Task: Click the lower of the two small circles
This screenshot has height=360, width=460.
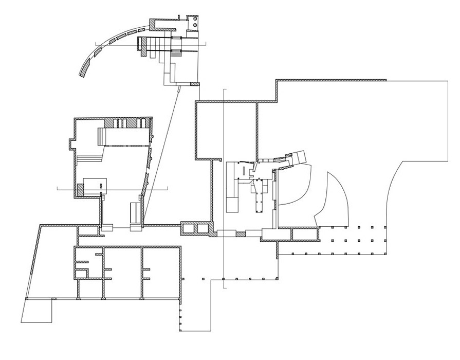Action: [195, 25]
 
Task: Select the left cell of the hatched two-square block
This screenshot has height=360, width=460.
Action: [187, 228]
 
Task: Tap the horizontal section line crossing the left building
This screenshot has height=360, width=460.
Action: [67, 189]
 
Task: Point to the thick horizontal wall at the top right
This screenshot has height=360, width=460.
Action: [332, 80]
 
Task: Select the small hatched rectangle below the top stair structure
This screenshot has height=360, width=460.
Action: [193, 84]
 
